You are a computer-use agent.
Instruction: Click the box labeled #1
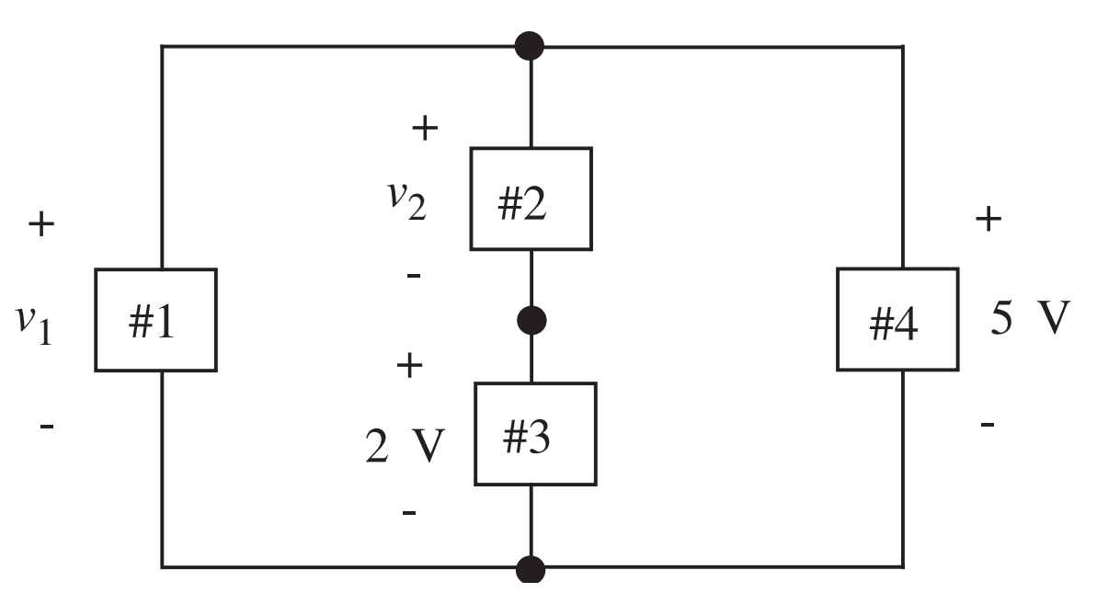155,320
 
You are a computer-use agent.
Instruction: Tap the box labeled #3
534,434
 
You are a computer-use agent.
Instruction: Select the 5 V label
1031,318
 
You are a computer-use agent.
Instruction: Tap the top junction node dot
531,45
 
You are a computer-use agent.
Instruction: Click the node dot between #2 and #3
532,320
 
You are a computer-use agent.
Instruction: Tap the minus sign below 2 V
410,512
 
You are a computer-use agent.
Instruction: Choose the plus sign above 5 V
988,221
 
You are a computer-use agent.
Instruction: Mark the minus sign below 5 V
987,425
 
